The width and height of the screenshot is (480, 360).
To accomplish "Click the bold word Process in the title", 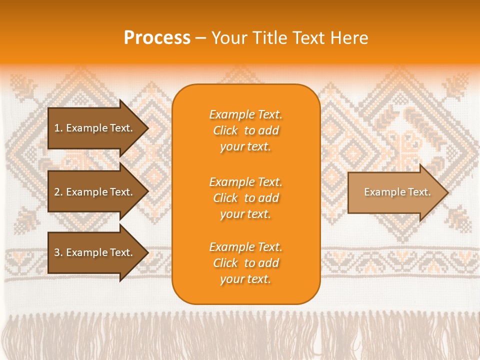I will click(x=157, y=38).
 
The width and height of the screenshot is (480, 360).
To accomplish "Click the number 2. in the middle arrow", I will click(x=58, y=192).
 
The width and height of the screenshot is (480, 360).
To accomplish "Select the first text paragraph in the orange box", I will click(x=245, y=130).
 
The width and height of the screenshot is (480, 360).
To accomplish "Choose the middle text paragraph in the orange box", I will click(x=245, y=198).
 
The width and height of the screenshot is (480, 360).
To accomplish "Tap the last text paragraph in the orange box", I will click(x=245, y=263).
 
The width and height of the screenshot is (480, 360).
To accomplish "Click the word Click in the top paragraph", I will click(x=225, y=131).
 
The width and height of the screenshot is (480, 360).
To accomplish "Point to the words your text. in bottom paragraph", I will click(x=245, y=279).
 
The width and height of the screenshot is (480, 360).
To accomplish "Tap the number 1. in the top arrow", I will click(x=58, y=128).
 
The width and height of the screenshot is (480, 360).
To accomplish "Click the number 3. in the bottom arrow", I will click(x=58, y=252).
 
